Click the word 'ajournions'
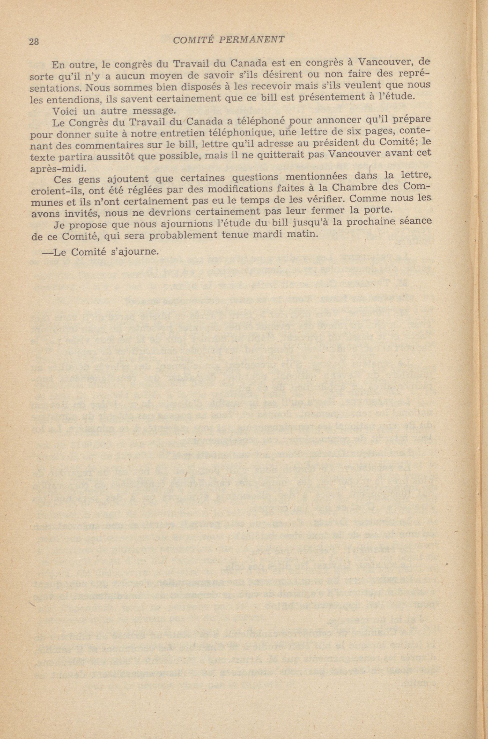pos(152,224)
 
